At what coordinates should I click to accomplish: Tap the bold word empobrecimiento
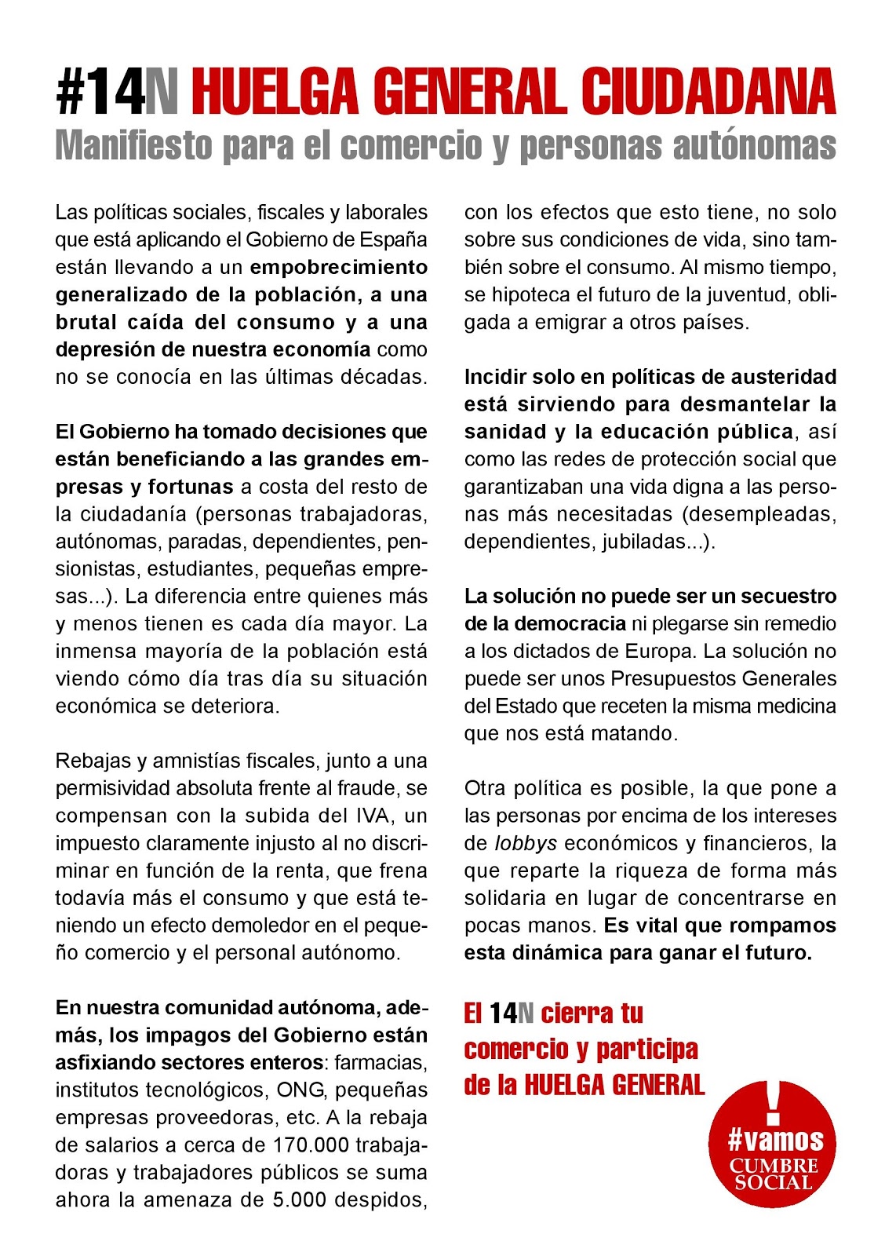[x=338, y=267]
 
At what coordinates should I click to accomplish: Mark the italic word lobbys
[x=526, y=843]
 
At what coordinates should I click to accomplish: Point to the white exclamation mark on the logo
[x=774, y=1101]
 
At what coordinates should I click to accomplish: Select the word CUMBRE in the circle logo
[x=774, y=1166]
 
